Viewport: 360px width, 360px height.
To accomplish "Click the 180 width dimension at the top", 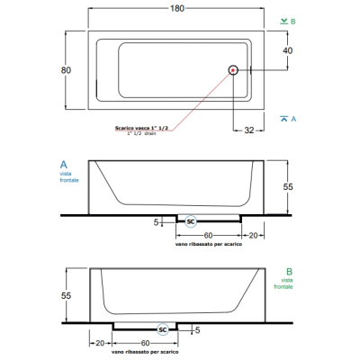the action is (x=177, y=8).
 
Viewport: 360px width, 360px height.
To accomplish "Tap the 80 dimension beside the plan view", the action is (x=66, y=70).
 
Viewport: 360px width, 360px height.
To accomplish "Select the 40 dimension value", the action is (x=287, y=50).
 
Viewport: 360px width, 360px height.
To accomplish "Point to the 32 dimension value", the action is (x=249, y=130).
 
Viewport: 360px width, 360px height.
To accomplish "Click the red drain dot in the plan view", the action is (x=233, y=70).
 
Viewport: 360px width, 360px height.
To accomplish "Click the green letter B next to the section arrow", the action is (x=293, y=22).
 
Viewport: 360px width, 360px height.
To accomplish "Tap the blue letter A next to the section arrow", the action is (x=293, y=119).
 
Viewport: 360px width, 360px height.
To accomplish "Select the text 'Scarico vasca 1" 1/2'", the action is (x=141, y=128).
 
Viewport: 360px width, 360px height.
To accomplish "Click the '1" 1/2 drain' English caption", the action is (x=141, y=133).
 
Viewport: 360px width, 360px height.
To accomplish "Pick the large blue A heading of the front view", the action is (x=64, y=165).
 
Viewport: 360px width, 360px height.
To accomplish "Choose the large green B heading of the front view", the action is (x=289, y=272).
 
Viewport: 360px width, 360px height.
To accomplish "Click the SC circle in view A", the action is (x=191, y=221).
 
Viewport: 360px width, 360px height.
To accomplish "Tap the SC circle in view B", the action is (x=163, y=329).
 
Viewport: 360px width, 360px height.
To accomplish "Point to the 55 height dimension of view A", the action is (x=288, y=187).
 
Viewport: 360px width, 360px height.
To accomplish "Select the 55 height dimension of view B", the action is (x=66, y=296).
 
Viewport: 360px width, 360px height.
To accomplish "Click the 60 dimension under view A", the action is (x=208, y=236).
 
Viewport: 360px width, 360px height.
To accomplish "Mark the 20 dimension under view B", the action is (x=100, y=343).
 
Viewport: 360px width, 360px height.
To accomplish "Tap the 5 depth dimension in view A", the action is (x=156, y=222).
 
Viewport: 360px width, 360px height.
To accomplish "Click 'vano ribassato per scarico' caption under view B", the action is (x=145, y=352).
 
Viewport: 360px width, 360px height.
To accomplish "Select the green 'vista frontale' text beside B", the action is (x=283, y=283).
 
